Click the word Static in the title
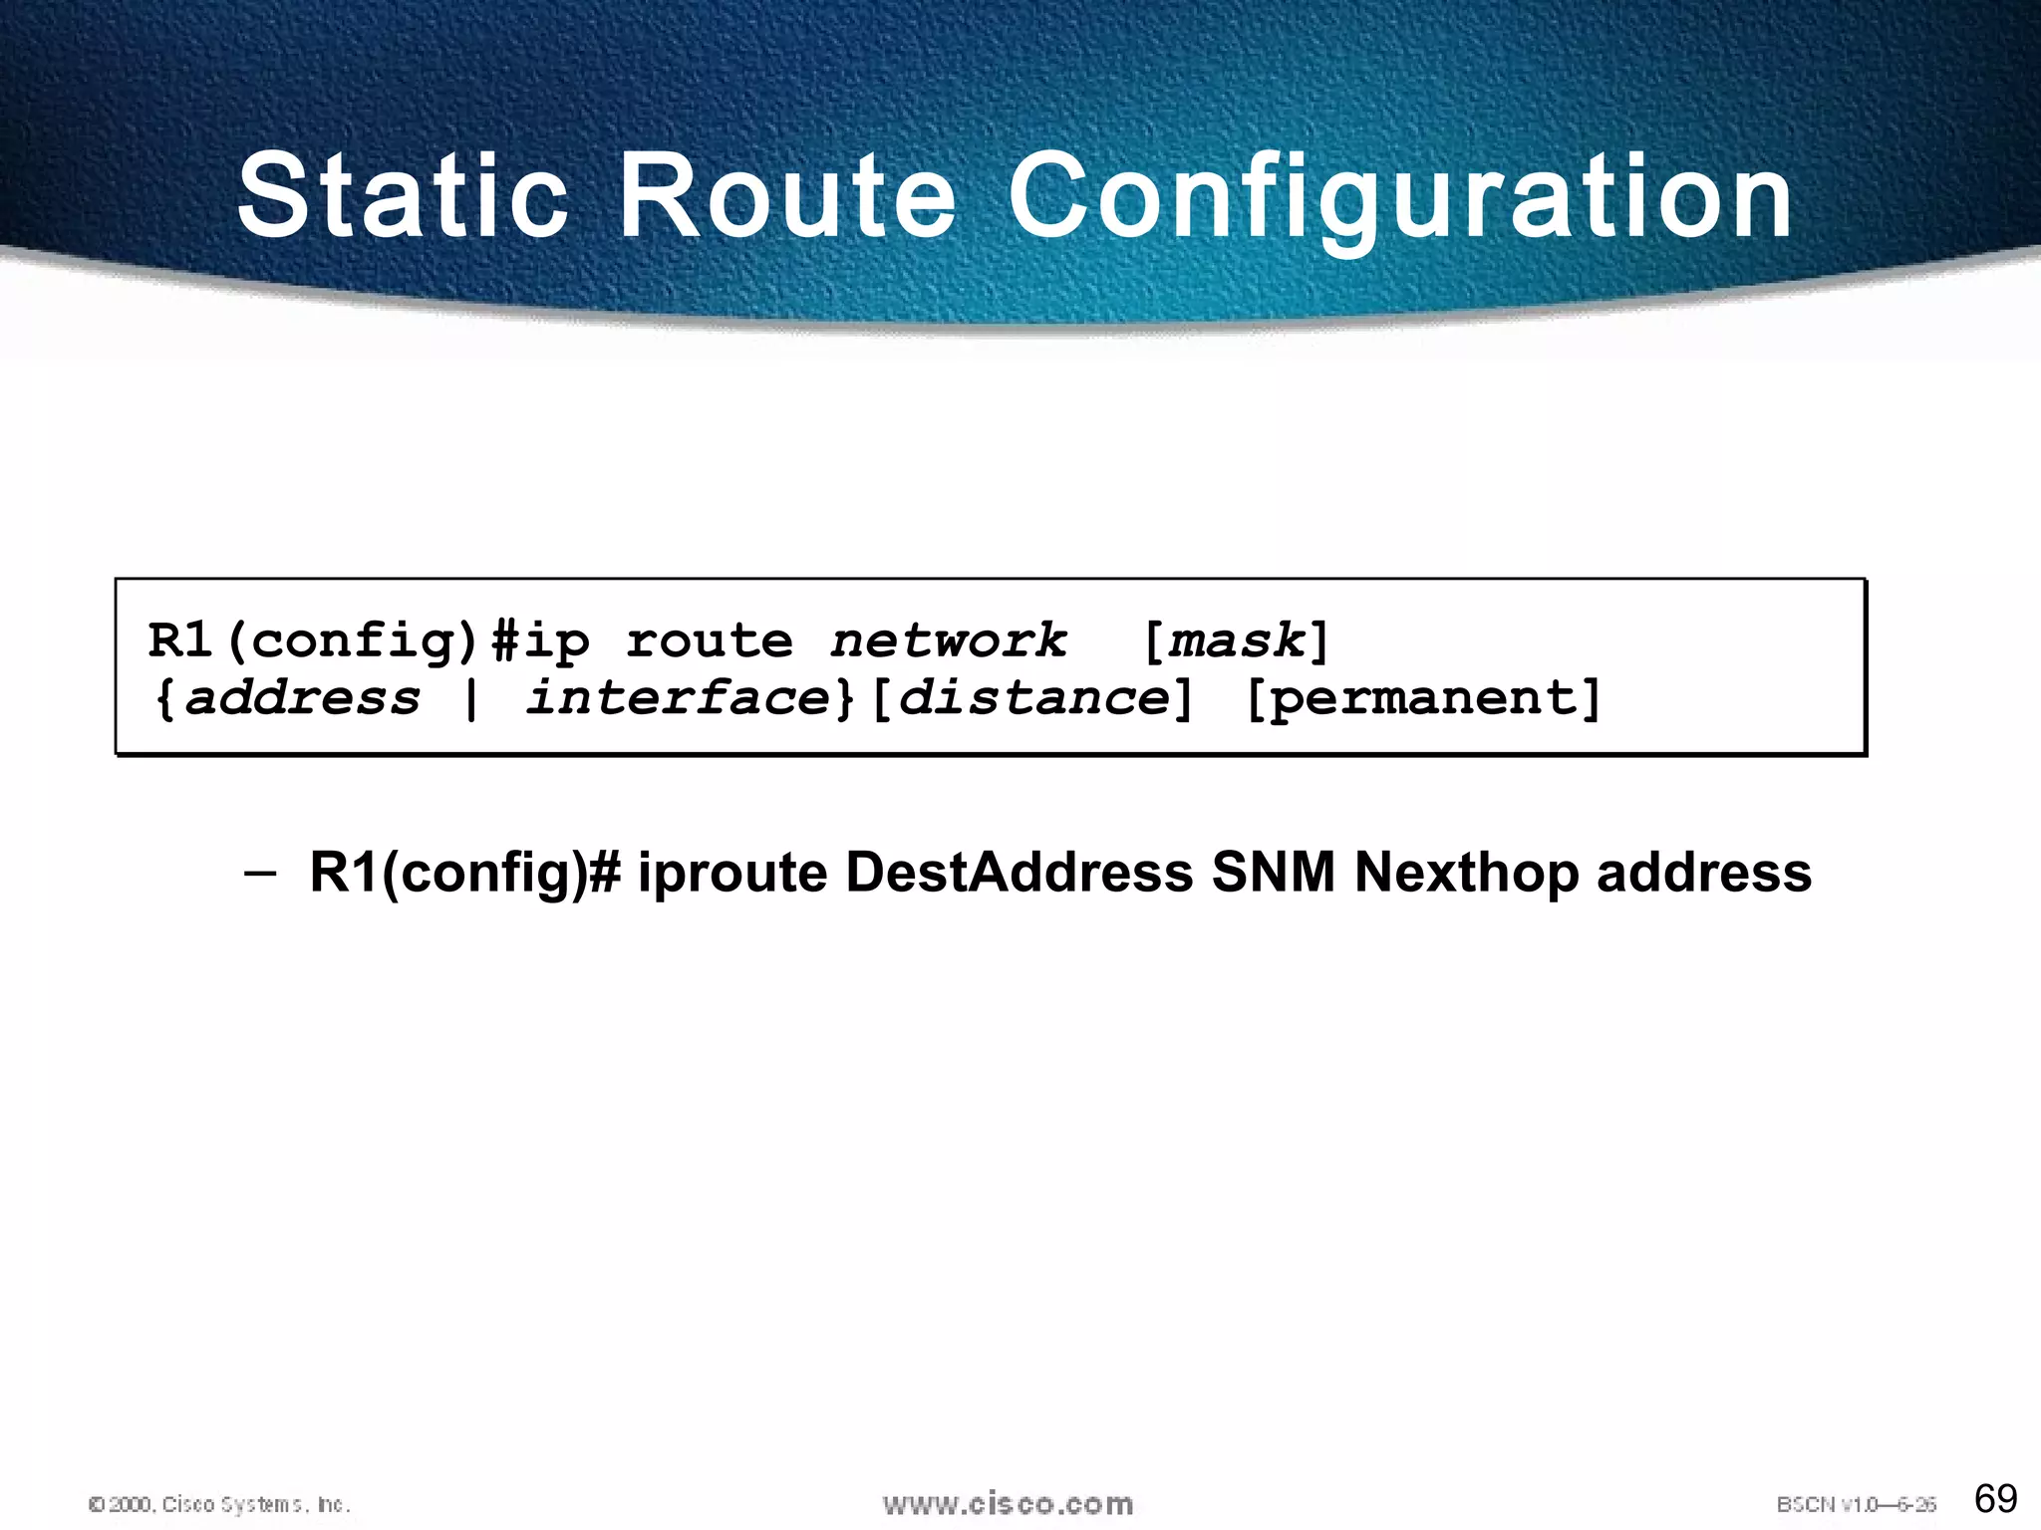point(403,196)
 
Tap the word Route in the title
point(787,196)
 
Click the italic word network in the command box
point(948,640)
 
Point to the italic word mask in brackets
point(1236,640)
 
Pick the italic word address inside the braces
point(303,697)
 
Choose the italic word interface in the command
point(678,697)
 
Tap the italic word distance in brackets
point(1033,697)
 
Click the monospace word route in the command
point(710,640)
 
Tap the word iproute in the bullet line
point(732,874)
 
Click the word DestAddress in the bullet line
point(1019,873)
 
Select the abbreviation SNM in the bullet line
point(1273,873)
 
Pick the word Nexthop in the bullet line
point(1466,873)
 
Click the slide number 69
point(1995,1498)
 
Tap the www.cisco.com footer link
point(1008,1503)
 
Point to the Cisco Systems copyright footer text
point(219,1504)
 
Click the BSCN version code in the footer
point(1856,1504)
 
